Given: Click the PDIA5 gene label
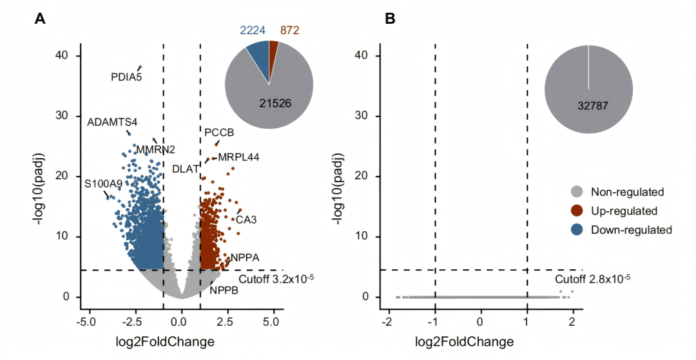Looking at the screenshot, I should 126,78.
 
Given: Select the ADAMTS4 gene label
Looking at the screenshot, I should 112,122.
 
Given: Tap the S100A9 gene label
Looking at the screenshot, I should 103,184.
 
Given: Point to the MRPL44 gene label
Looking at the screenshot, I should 238,157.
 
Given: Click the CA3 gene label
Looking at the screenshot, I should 246,220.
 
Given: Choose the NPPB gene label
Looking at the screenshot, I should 224,290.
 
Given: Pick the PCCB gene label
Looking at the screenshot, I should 219,133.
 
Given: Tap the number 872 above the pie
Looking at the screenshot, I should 289,30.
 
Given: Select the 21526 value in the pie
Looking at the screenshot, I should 269,104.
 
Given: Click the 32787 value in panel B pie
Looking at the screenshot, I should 588,104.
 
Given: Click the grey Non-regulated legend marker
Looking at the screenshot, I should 577,192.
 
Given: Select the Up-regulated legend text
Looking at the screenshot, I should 624,211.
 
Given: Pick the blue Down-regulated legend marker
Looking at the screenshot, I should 577,229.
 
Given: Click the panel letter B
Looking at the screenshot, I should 390,19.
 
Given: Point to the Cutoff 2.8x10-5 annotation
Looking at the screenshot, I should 592,279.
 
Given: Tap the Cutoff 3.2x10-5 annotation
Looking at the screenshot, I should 276,279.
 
